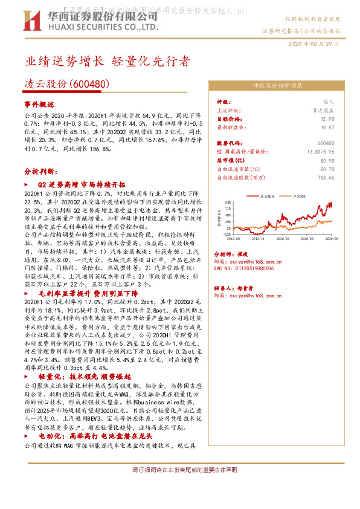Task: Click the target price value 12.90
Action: pyautogui.click(x=327, y=119)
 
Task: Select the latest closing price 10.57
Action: pyautogui.click(x=327, y=128)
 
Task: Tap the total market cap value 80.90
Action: pyautogui.click(x=327, y=161)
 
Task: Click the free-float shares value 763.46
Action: pyautogui.click(x=325, y=178)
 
